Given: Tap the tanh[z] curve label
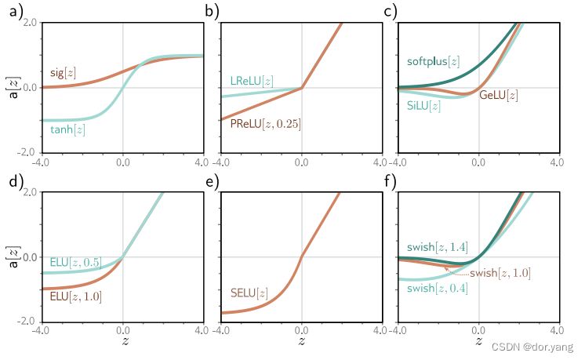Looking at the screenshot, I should [x=67, y=129].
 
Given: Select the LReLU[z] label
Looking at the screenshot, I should [x=252, y=81].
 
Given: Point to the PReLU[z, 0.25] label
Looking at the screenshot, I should [x=266, y=123].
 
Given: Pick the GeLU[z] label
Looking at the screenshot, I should [x=498, y=95].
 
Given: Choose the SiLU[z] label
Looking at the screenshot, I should [x=424, y=105].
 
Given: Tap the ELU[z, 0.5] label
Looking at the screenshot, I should [x=75, y=262].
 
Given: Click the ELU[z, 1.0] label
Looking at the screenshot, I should [x=75, y=296].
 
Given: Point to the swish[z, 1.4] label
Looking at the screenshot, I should [x=438, y=247].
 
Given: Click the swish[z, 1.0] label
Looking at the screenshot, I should [x=500, y=273].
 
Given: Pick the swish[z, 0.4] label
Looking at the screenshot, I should [x=438, y=289].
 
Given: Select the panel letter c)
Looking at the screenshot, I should [x=390, y=11].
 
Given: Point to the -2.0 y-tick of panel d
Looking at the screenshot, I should [x=28, y=322].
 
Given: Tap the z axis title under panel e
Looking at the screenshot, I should [x=301, y=343].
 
